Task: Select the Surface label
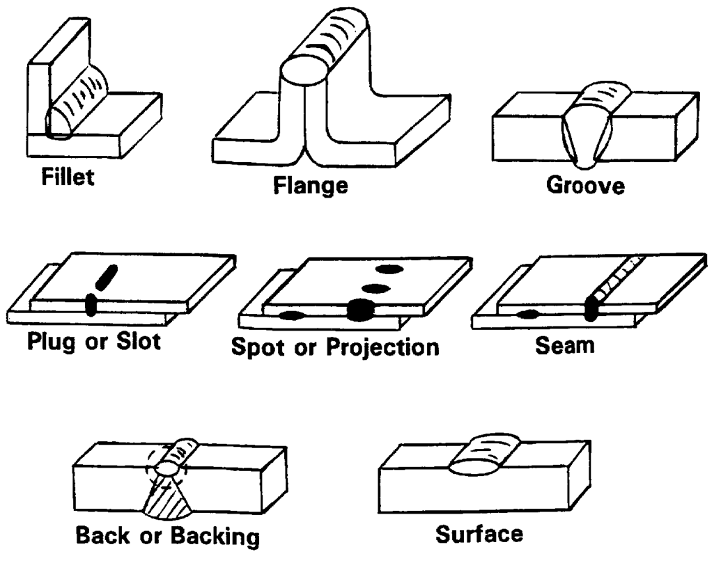(479, 534)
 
